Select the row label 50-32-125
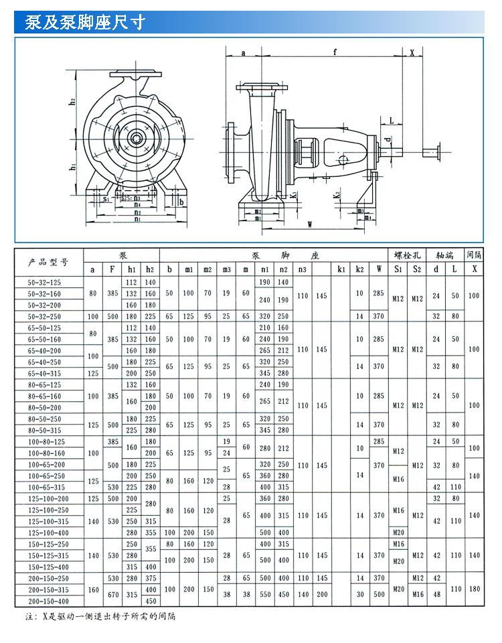click(49, 283)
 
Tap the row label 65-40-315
click(49, 373)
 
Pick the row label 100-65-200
click(49, 464)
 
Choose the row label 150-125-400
click(49, 567)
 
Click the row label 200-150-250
click(49, 578)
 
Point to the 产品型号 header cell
click(49, 262)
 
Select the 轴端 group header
click(446, 255)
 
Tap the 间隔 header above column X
click(475, 255)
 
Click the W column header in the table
click(380, 269)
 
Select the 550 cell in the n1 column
click(265, 595)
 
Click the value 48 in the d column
click(436, 595)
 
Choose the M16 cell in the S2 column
click(418, 595)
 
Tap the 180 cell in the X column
click(475, 589)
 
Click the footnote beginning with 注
click(100, 617)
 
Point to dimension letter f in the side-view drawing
click(334, 52)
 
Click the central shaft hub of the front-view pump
click(137, 139)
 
